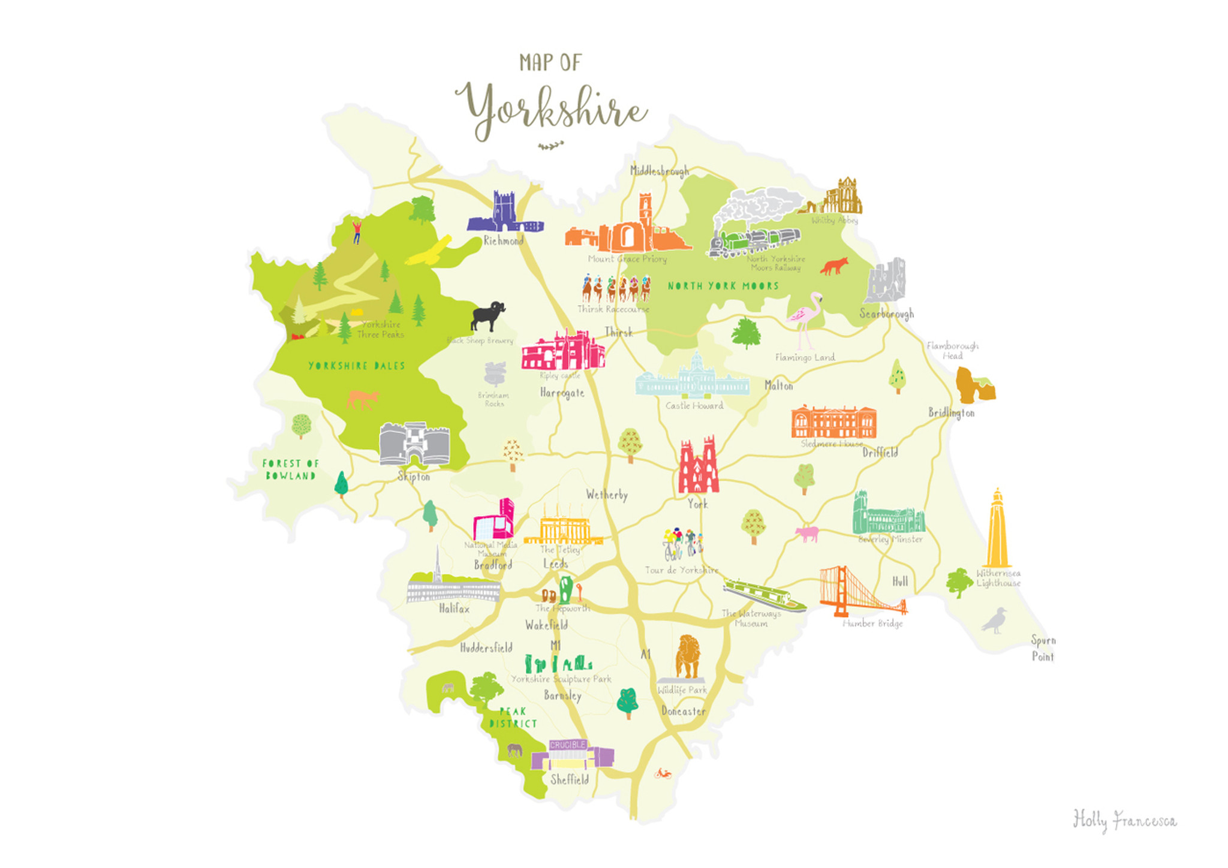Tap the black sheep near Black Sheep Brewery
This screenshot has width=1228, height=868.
[487, 316]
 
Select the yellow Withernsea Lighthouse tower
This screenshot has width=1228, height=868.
[997, 530]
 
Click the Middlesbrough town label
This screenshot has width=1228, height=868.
[659, 171]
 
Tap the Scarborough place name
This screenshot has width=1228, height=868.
[886, 314]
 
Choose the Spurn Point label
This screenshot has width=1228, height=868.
[1043, 649]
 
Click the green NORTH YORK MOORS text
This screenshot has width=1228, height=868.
[723, 286]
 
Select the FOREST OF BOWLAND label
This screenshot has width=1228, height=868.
[291, 469]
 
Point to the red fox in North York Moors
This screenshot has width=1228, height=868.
[834, 266]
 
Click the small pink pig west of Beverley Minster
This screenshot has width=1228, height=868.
[807, 533]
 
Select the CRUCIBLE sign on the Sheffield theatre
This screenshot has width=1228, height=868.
[567, 745]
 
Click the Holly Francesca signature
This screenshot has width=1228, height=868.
[1124, 820]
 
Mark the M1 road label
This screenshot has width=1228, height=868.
[556, 645]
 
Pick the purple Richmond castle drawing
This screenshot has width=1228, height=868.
[504, 214]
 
